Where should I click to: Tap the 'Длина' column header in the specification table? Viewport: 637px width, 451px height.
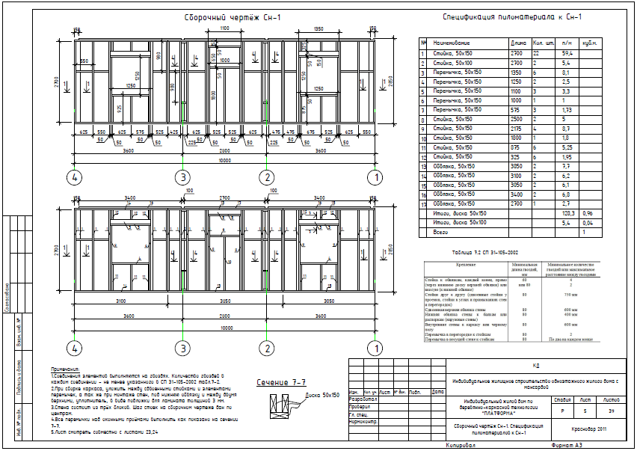[517, 43]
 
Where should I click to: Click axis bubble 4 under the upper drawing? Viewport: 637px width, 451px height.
[73, 178]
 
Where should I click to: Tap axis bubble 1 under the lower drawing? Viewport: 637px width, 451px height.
[378, 349]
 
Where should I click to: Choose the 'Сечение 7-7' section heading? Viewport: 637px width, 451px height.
[277, 382]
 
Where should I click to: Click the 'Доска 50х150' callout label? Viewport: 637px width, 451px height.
[324, 394]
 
